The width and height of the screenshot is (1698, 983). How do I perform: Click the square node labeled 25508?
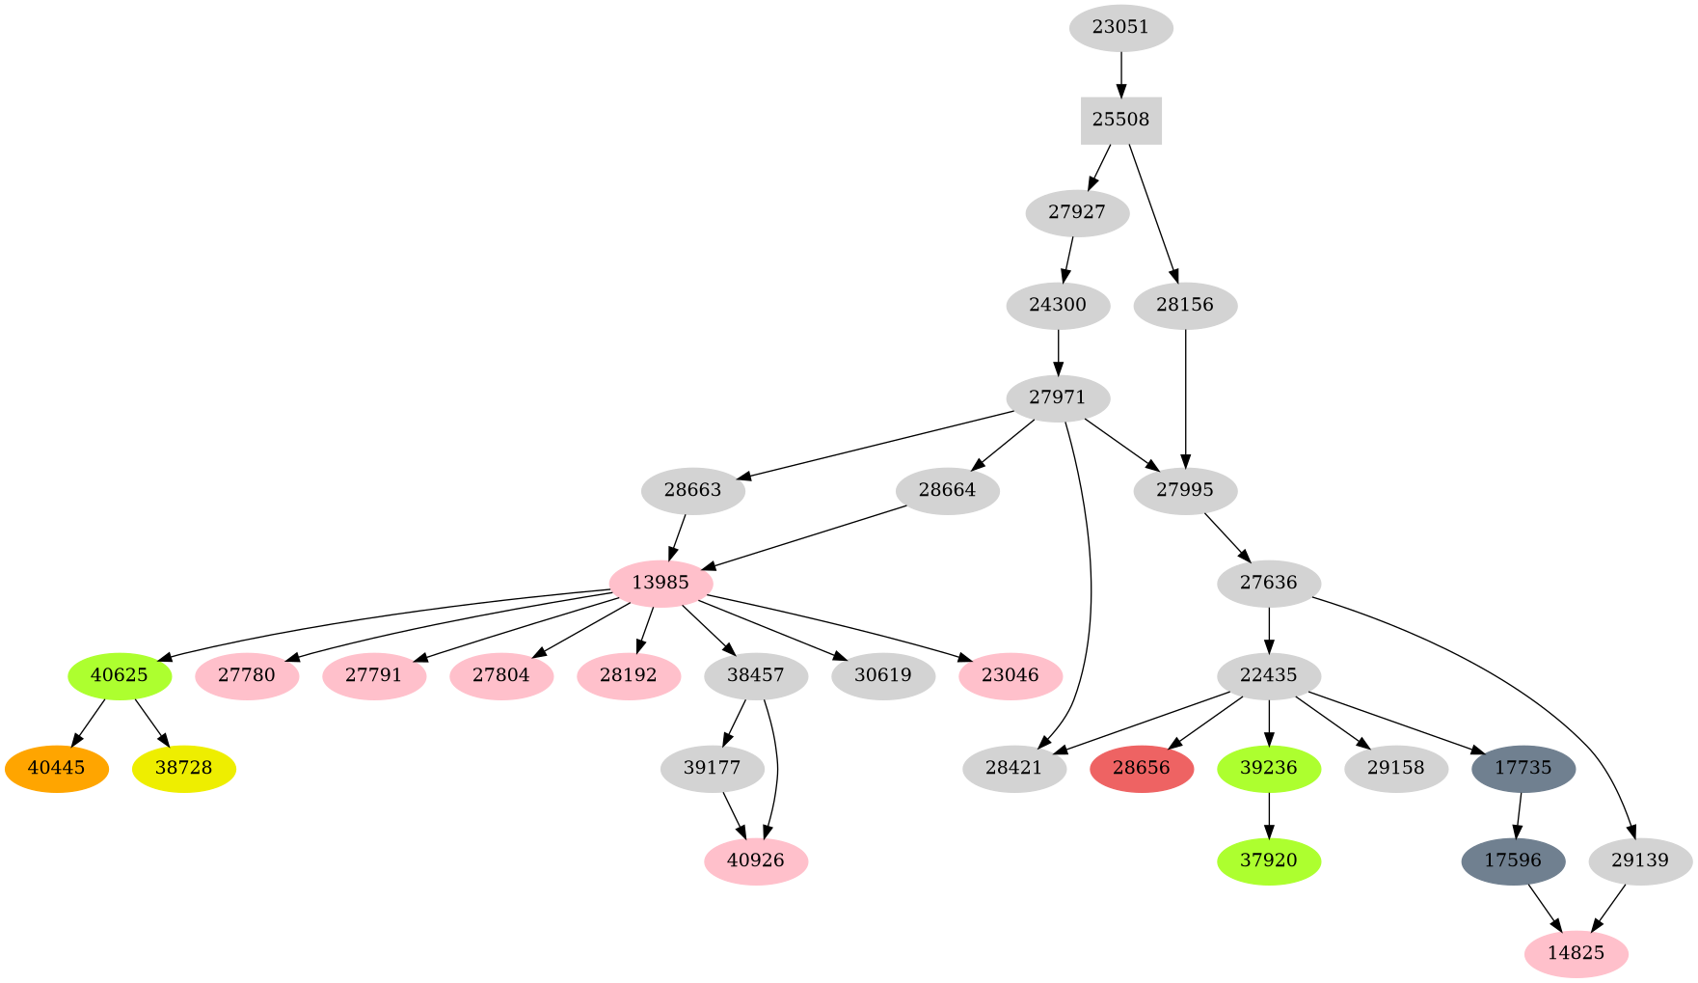1120,121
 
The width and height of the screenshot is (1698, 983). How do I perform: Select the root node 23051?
1120,28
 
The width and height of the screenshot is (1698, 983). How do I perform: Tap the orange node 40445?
56,769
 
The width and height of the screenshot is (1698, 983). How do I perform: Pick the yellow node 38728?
183,769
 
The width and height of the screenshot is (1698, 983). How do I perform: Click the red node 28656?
1142,769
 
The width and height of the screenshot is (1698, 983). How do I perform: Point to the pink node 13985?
660,583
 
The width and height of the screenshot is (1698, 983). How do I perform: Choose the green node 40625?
120,675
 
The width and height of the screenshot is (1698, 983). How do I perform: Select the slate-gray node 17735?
1523,769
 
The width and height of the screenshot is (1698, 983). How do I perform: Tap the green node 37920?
1269,860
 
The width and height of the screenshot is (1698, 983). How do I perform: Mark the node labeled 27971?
1058,397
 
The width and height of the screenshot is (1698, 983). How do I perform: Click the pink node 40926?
756,860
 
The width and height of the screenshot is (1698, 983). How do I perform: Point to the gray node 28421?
1014,769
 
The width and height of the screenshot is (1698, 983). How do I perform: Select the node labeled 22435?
1269,675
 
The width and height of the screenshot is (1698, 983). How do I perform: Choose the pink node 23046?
1011,675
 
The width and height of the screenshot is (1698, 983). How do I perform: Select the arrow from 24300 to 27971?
1058,351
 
